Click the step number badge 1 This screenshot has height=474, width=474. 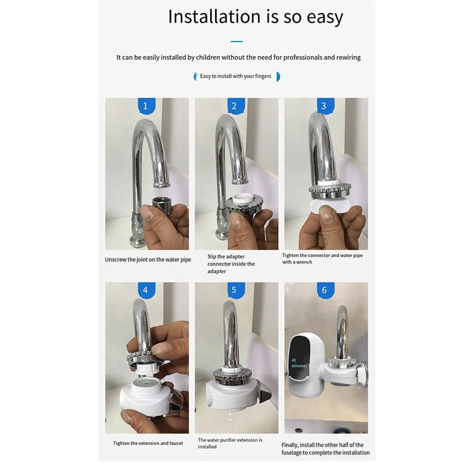[x=146, y=106]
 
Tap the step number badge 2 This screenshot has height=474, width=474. [x=234, y=106]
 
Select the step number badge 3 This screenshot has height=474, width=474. [x=324, y=106]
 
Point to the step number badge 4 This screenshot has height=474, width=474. [x=146, y=290]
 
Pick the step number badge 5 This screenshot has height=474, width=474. [x=234, y=290]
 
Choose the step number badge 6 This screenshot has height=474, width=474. [x=324, y=290]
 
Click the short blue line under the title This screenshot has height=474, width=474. [x=237, y=42]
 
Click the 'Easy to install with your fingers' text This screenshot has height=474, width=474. [x=236, y=76]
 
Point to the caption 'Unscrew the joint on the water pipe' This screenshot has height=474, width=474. [x=148, y=260]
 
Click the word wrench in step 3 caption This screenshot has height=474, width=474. [x=304, y=262]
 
